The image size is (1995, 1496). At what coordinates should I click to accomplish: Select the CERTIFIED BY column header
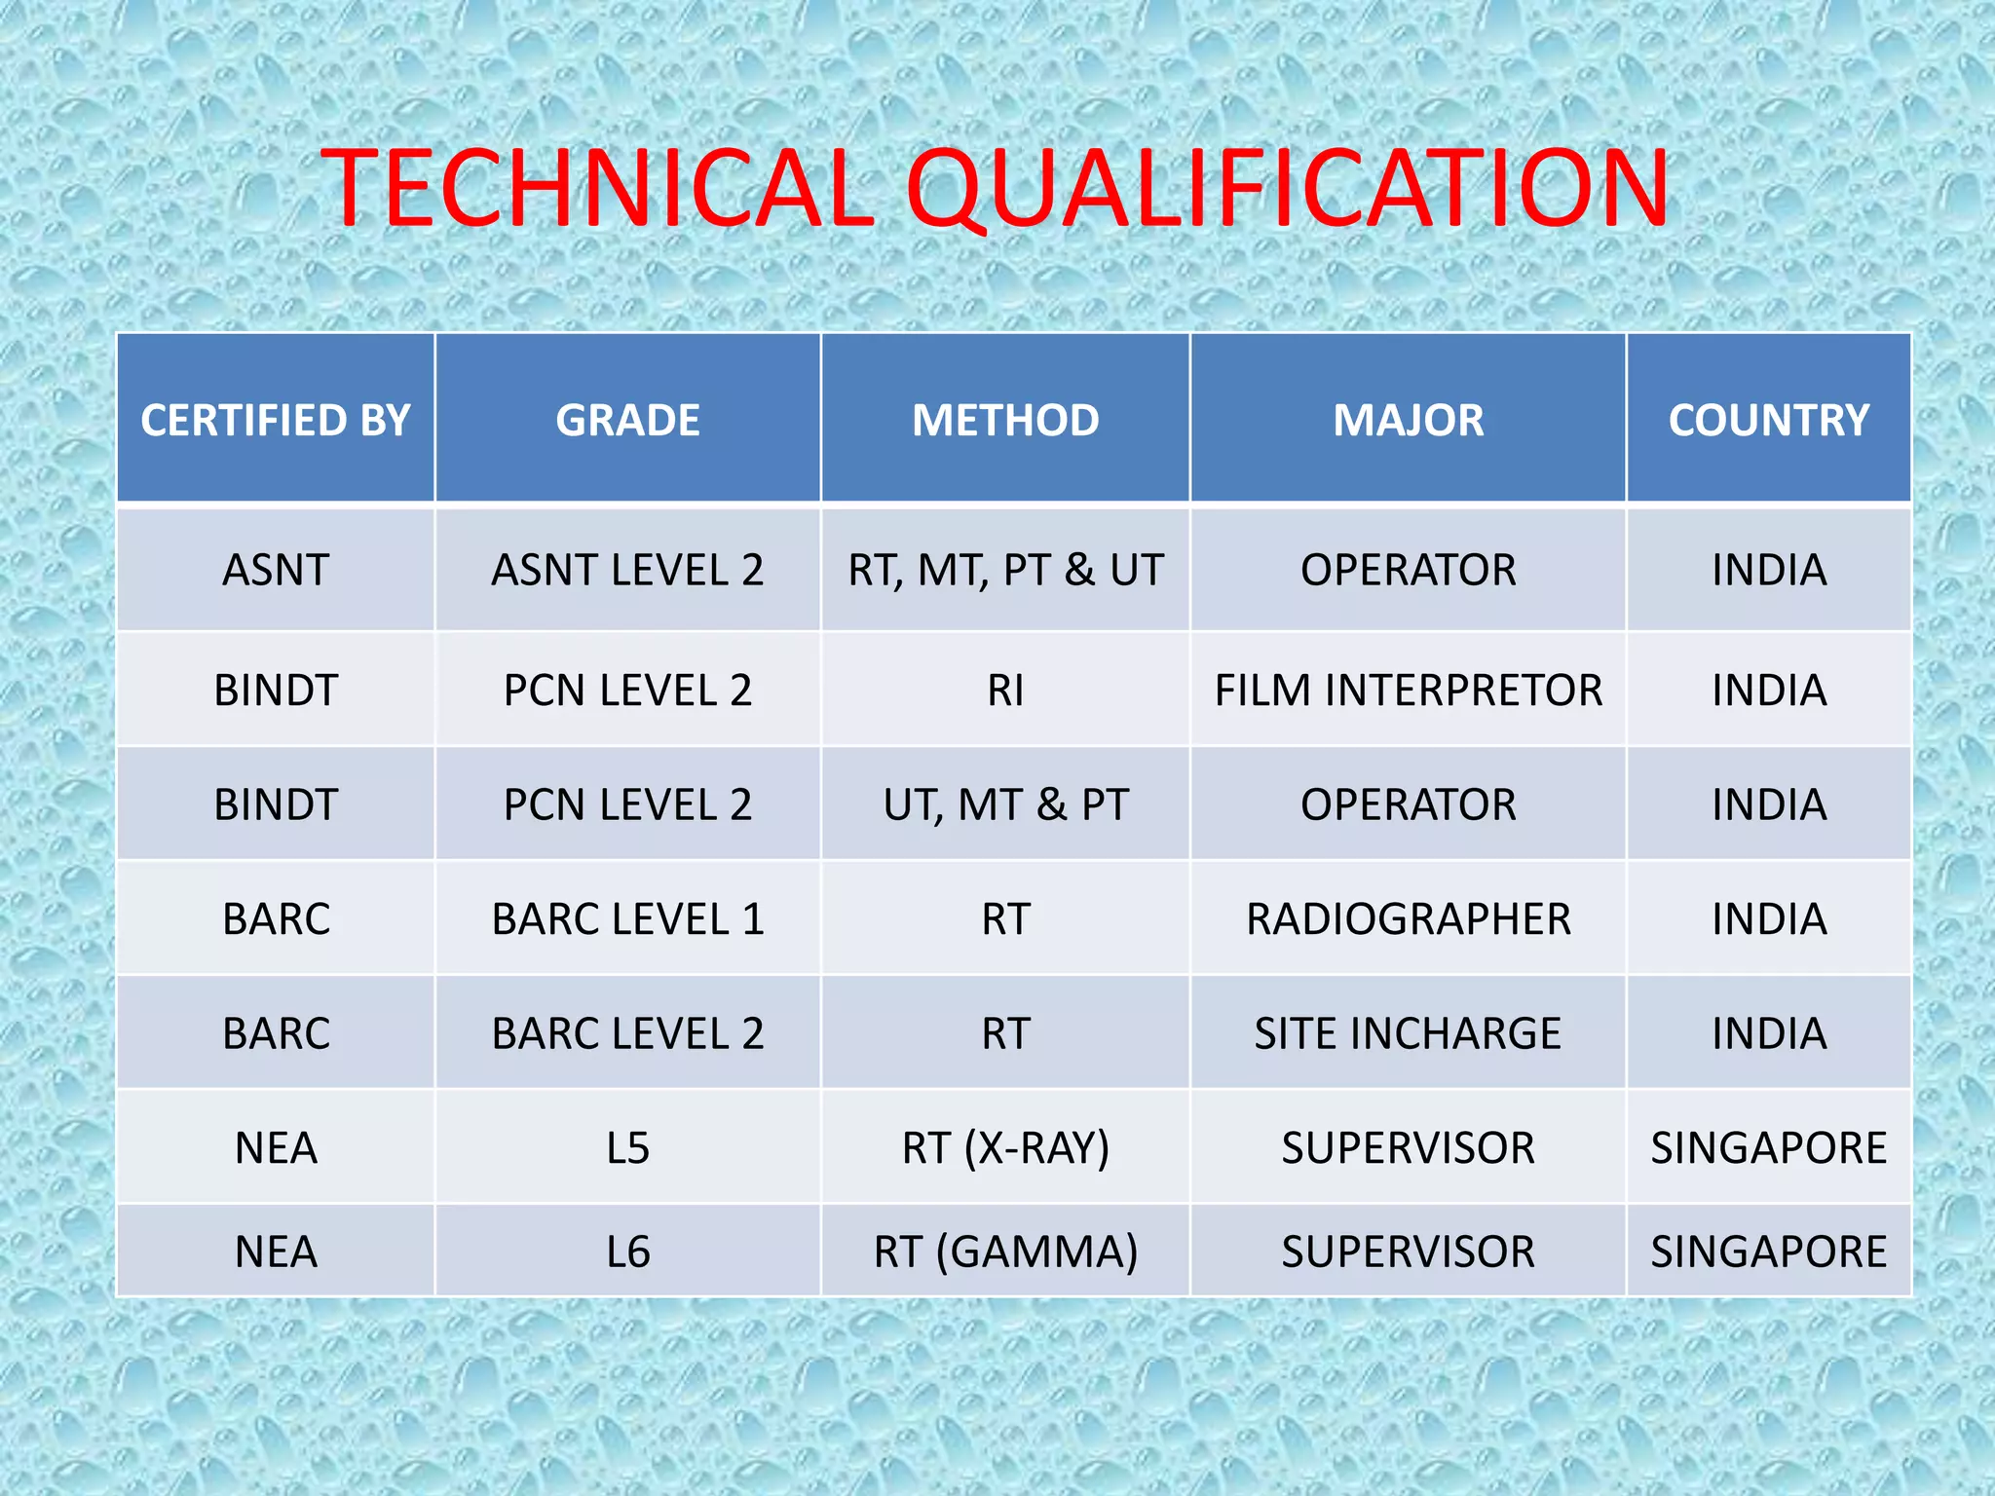[276, 420]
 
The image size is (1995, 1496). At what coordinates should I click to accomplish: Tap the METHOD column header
[1005, 420]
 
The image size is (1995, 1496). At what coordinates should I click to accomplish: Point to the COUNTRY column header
[1768, 420]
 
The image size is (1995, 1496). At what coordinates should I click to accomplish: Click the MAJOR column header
[1408, 420]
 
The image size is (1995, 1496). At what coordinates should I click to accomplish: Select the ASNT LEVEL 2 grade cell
[627, 570]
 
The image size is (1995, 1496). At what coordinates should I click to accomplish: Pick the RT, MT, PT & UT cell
[1005, 570]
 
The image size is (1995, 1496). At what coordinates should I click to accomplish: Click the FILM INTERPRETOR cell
[1408, 690]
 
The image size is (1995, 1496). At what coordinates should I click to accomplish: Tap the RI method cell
[1005, 690]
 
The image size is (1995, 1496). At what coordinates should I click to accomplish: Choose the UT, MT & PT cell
[1005, 804]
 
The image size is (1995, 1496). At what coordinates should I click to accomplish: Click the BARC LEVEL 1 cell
[627, 918]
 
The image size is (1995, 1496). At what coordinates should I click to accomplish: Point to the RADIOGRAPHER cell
[1408, 918]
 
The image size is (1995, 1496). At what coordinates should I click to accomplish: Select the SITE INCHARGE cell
[1408, 1032]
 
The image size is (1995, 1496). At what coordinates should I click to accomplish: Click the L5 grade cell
[627, 1147]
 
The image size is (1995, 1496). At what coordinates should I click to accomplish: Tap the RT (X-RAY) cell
[1005, 1147]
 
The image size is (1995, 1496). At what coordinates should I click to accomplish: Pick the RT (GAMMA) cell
[1005, 1252]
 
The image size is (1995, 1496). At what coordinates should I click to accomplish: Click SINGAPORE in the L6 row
[1768, 1252]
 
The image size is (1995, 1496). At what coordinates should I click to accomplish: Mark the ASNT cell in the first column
[276, 570]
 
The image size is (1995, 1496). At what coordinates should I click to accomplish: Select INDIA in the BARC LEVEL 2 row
[1768, 1032]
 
